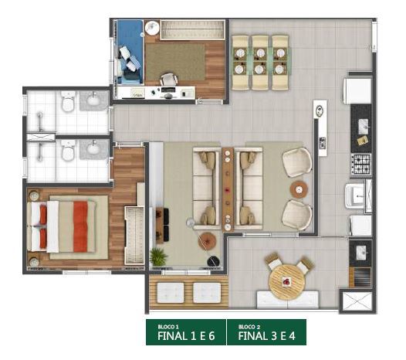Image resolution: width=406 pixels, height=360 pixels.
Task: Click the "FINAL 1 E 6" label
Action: coord(186,336)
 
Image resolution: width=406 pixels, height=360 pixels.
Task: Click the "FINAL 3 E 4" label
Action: coord(267,336)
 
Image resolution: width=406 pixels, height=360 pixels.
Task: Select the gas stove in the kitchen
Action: coord(361,164)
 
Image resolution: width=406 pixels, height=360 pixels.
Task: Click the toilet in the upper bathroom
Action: coord(68,101)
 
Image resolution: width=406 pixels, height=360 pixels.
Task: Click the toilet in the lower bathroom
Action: coord(68,151)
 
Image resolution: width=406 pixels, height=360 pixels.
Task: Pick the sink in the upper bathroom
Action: coord(93,100)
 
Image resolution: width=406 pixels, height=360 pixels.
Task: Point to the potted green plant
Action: coord(158,256)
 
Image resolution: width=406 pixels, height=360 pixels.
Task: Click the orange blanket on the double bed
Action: coord(80,227)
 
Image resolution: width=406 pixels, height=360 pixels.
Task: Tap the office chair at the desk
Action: coord(169,79)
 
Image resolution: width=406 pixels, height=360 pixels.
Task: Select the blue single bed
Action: coord(130,52)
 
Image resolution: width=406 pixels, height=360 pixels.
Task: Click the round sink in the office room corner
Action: coord(152,28)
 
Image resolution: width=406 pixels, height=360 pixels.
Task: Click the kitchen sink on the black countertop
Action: coord(364,127)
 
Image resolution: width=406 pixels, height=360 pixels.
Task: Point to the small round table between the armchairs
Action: coord(299,190)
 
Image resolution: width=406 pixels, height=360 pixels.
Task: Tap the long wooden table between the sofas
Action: coord(228,189)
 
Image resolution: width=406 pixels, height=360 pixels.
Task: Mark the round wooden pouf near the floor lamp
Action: coord(207,241)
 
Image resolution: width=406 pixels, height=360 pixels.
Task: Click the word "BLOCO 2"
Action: coord(249,327)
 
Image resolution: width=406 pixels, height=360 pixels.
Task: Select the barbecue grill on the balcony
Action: coord(360,277)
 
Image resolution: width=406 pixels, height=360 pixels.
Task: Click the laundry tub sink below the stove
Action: coord(355,196)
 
